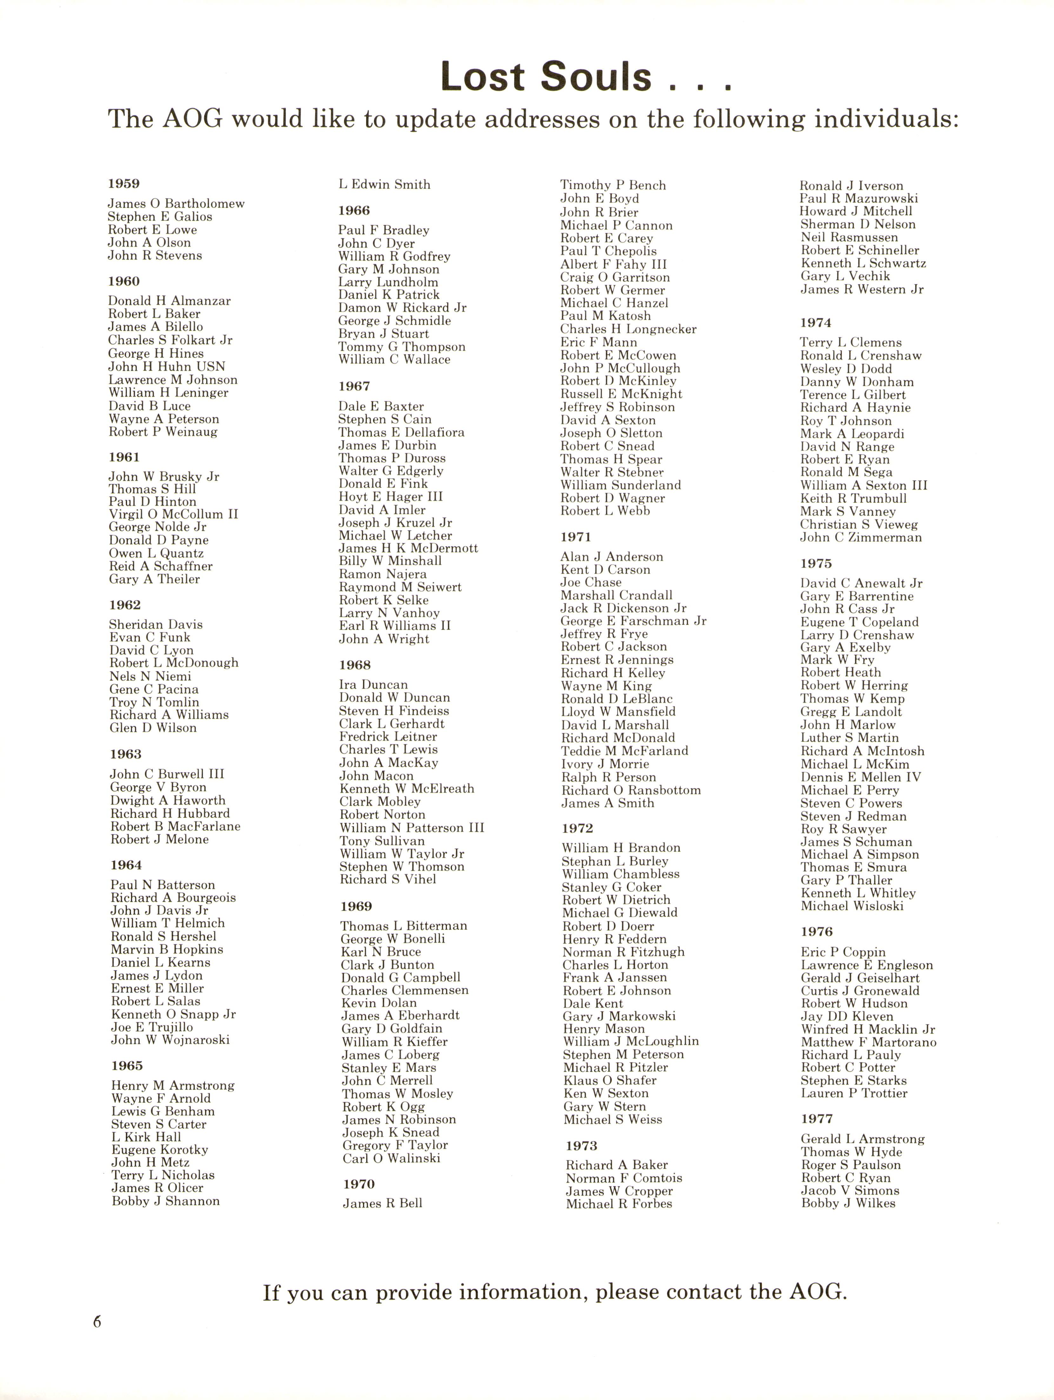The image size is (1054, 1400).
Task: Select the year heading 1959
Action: (x=124, y=184)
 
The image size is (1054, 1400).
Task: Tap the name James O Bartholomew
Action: (x=176, y=204)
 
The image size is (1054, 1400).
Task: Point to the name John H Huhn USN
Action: (x=166, y=367)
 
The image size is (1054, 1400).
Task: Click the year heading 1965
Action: (x=127, y=1066)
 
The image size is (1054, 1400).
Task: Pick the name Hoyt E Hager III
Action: (x=390, y=497)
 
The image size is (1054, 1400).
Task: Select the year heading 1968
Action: (x=355, y=665)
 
